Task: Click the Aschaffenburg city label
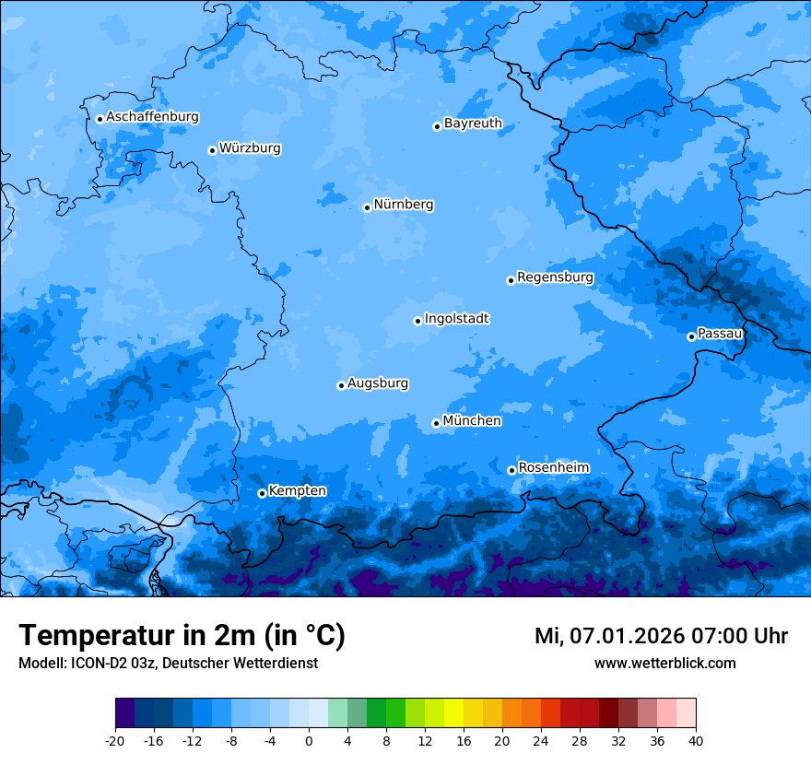[152, 117]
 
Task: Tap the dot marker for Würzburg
[212, 150]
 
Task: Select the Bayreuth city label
[473, 123]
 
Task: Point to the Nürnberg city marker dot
[367, 207]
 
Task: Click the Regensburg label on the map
[555, 277]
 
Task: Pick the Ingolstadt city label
[456, 318]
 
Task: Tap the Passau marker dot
[691, 336]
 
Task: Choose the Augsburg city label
[378, 382]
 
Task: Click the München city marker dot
[436, 424]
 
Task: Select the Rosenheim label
[553, 467]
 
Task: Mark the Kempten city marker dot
[262, 493]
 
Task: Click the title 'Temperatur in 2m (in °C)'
[182, 635]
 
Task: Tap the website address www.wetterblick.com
[664, 664]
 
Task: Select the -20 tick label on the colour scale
[115, 740]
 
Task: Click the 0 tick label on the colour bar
[309, 740]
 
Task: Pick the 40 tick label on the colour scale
[696, 740]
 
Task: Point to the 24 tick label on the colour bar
[541, 740]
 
